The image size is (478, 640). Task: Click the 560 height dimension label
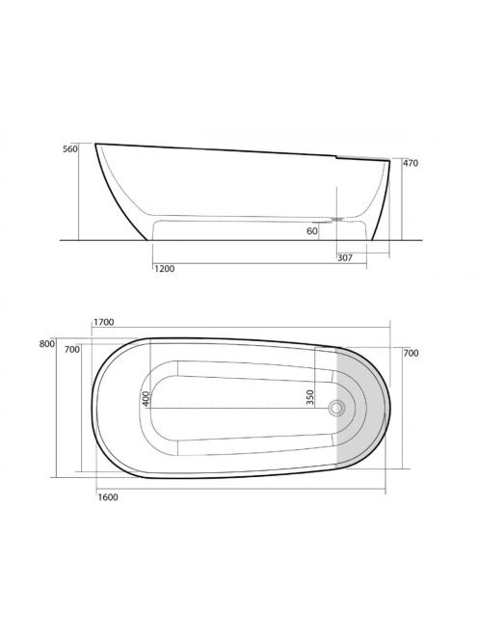tap(69, 149)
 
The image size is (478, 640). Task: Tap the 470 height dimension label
tap(411, 163)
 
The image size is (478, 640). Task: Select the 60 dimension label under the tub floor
tap(312, 231)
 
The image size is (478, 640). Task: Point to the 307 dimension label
tap(345, 258)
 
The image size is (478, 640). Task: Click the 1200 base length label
tap(165, 269)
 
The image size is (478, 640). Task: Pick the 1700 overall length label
tap(104, 323)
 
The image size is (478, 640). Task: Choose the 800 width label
tap(47, 344)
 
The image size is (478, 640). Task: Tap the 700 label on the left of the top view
tap(72, 350)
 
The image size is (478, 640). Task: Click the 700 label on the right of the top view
tap(412, 353)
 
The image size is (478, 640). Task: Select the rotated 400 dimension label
tap(146, 398)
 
